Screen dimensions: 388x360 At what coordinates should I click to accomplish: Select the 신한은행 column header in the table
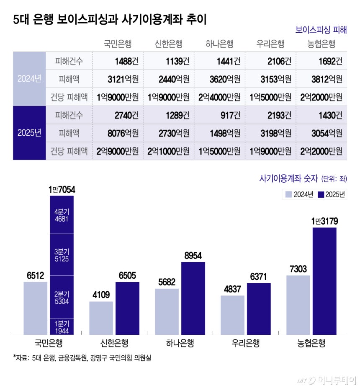[x=168, y=44]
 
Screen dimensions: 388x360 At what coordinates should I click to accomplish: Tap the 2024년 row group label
[x=29, y=79]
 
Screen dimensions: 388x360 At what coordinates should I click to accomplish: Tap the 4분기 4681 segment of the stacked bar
[x=62, y=215]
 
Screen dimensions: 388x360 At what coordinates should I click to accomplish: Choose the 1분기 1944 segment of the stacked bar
[x=62, y=326]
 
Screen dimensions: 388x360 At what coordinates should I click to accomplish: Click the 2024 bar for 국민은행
[x=36, y=308]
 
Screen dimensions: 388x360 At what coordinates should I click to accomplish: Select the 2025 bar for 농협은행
[x=324, y=281]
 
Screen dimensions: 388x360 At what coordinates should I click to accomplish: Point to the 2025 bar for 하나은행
[x=193, y=298]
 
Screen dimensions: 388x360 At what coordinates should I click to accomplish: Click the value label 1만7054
[x=62, y=190]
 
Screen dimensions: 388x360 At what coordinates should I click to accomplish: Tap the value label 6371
[x=259, y=277]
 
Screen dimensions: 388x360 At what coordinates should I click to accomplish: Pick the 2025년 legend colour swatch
[x=321, y=195]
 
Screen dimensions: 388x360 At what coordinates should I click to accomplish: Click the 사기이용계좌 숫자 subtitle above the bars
[x=289, y=179]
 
